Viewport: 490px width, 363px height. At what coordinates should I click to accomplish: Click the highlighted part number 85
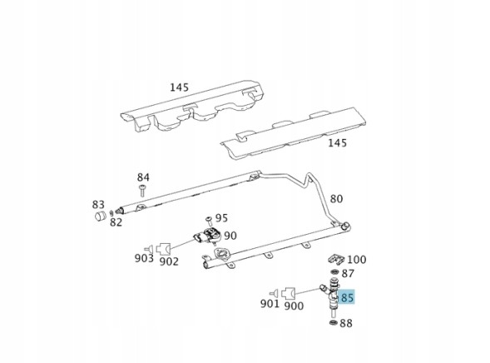tap(347, 297)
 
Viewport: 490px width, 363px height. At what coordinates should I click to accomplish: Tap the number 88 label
tap(346, 323)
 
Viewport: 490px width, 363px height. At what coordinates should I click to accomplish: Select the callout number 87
tap(348, 274)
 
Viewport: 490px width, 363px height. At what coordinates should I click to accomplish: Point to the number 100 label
tap(357, 259)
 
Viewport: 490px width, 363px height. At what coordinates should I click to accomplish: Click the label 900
tap(294, 306)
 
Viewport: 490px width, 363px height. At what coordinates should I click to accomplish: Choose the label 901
tap(270, 303)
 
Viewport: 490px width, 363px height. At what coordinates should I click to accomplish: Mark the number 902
tap(169, 261)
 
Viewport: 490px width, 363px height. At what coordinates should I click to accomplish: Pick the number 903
tap(144, 258)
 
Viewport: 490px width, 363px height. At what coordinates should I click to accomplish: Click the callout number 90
tap(230, 236)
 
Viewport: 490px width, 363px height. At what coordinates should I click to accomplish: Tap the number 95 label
tap(221, 218)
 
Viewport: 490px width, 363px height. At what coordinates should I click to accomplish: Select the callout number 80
tap(337, 199)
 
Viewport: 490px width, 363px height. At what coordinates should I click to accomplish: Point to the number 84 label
tap(143, 177)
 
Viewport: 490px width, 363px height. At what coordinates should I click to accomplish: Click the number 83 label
tap(98, 205)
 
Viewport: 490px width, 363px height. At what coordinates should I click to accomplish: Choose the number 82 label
tap(116, 222)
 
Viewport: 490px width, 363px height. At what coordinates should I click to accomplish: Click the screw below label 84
tap(142, 191)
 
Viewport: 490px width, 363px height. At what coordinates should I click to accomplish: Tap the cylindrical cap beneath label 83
tap(101, 216)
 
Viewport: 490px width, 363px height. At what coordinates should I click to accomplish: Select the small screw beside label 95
tap(209, 220)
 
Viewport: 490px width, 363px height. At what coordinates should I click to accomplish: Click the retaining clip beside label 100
tap(336, 259)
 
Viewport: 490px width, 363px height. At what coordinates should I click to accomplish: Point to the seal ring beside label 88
tap(334, 322)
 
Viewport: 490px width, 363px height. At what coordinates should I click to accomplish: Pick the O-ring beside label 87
tap(334, 271)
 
